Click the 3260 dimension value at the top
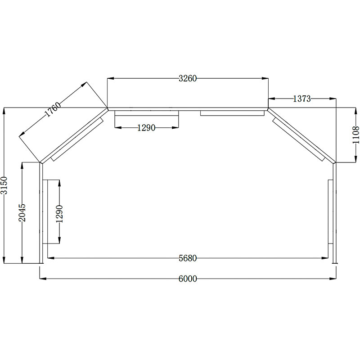[x=188, y=78]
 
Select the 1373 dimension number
[x=301, y=99]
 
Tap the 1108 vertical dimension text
[x=356, y=135]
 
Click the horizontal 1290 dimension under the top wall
[x=146, y=128]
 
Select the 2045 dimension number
[x=23, y=212]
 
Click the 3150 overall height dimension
[x=4, y=185]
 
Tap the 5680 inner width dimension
[x=188, y=258]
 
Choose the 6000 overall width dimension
[x=188, y=279]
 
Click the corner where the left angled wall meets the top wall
[x=108, y=108]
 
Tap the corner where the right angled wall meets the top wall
[x=268, y=108]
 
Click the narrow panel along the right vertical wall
[x=331, y=211]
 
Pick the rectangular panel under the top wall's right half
[x=232, y=113]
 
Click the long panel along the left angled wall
[x=77, y=139]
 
